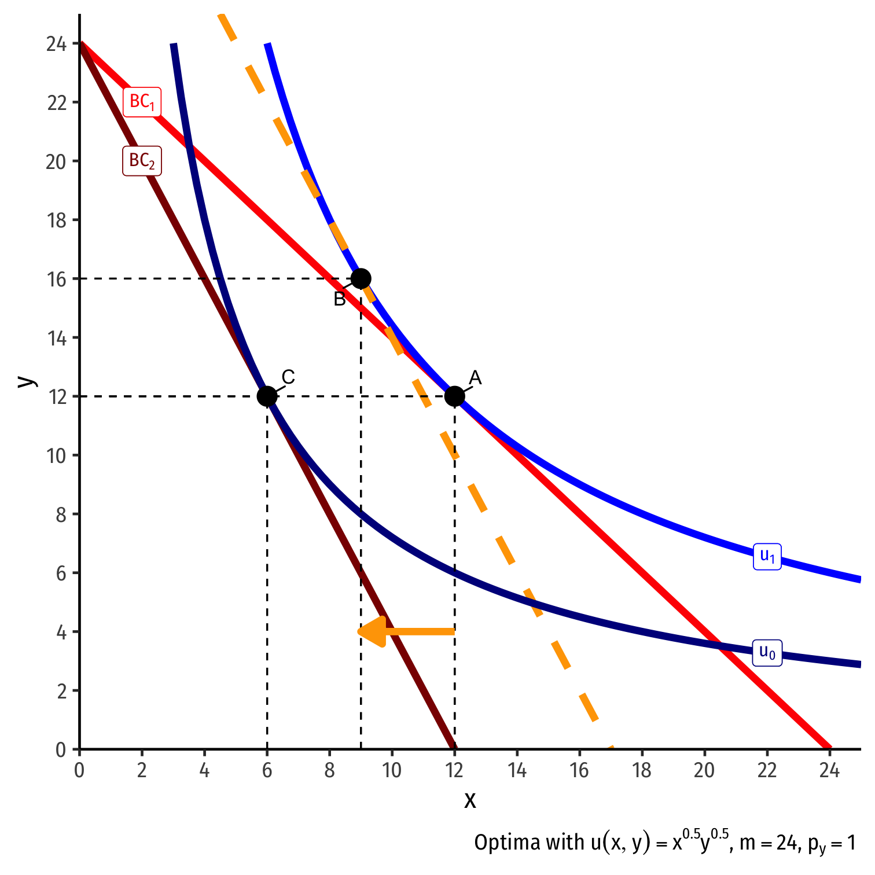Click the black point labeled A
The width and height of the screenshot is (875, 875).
coord(454,396)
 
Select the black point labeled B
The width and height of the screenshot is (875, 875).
coord(361,278)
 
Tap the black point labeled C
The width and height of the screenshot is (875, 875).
coord(267,396)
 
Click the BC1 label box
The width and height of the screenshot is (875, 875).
coord(142,102)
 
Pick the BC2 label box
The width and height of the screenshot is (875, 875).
coord(142,161)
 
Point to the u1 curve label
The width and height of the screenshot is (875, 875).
coord(767,556)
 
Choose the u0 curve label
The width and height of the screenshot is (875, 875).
coord(767,653)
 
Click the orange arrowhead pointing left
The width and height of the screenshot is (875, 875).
coord(372,631)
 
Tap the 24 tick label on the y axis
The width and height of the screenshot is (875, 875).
coord(56,44)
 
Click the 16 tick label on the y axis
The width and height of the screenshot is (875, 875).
coord(56,279)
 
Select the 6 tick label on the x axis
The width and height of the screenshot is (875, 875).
coord(267,771)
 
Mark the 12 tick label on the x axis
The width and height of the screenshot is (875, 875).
coord(454,771)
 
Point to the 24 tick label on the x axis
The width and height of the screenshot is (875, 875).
coord(829,771)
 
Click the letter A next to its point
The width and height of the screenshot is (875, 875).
coord(475,378)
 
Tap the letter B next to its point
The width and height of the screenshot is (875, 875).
coord(340,299)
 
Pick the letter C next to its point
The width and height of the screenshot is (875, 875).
coord(288,377)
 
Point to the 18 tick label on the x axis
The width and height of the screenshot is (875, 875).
coord(642,771)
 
